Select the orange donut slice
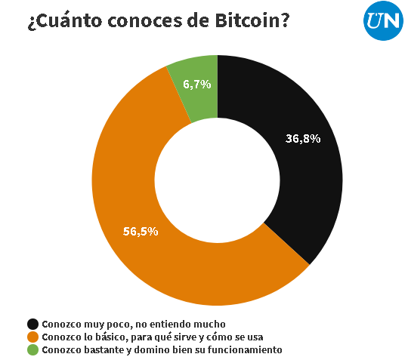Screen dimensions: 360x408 click(151, 242)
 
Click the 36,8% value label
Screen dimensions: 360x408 click(303, 138)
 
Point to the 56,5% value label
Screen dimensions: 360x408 click(140, 231)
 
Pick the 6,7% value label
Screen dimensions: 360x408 click(197, 85)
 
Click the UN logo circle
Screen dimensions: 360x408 click(382, 21)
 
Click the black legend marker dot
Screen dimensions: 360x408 click(32, 323)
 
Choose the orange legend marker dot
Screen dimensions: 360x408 click(32, 337)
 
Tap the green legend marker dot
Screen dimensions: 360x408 click(32, 350)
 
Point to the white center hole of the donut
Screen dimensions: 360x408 click(217, 180)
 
